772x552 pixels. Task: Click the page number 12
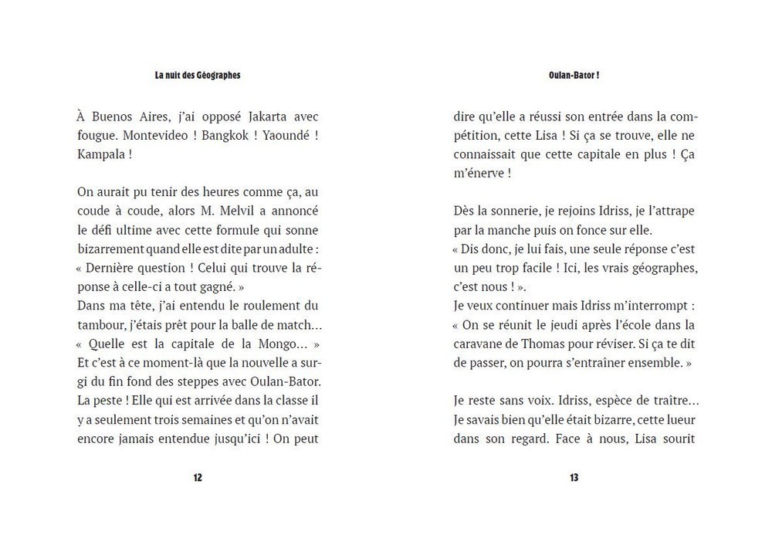(x=198, y=478)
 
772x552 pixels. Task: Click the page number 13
(x=574, y=478)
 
